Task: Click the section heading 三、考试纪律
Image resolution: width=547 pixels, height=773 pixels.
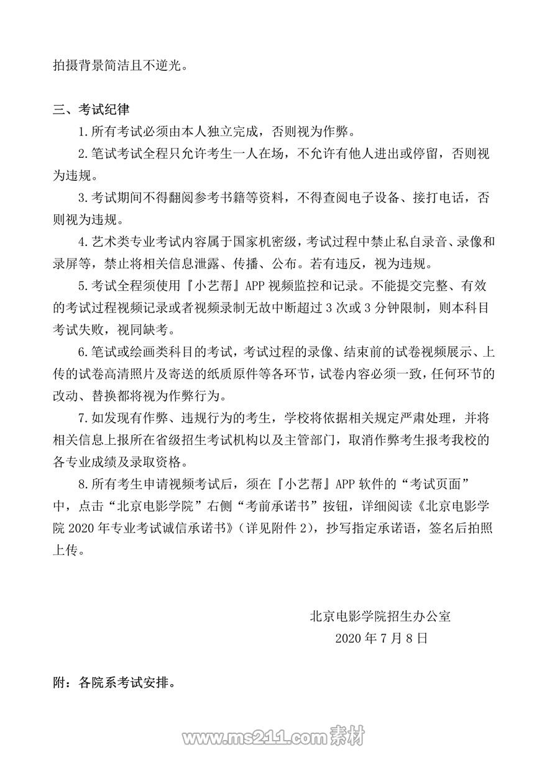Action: click(91, 110)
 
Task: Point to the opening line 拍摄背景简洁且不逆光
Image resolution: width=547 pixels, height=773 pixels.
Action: click(119, 65)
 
